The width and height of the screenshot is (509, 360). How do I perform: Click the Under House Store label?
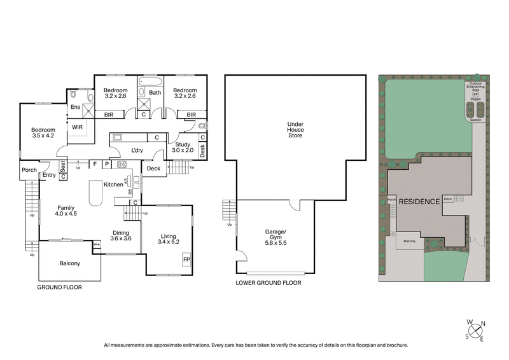point(295,129)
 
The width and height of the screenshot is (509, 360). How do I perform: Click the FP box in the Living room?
point(186,260)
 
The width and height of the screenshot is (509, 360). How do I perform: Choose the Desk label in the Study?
point(202,150)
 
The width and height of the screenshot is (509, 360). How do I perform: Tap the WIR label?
point(77,127)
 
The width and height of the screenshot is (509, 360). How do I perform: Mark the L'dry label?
point(136,150)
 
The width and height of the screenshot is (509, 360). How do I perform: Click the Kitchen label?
point(113,184)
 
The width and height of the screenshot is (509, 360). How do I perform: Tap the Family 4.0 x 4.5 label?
point(67,211)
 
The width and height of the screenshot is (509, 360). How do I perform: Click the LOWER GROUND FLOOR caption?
point(268,283)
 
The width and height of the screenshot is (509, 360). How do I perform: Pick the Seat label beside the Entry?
point(63,166)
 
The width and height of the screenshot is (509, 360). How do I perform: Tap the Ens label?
point(74,107)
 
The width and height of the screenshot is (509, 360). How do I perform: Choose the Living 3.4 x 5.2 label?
point(168,239)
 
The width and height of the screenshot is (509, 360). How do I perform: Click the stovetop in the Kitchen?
point(122,165)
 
